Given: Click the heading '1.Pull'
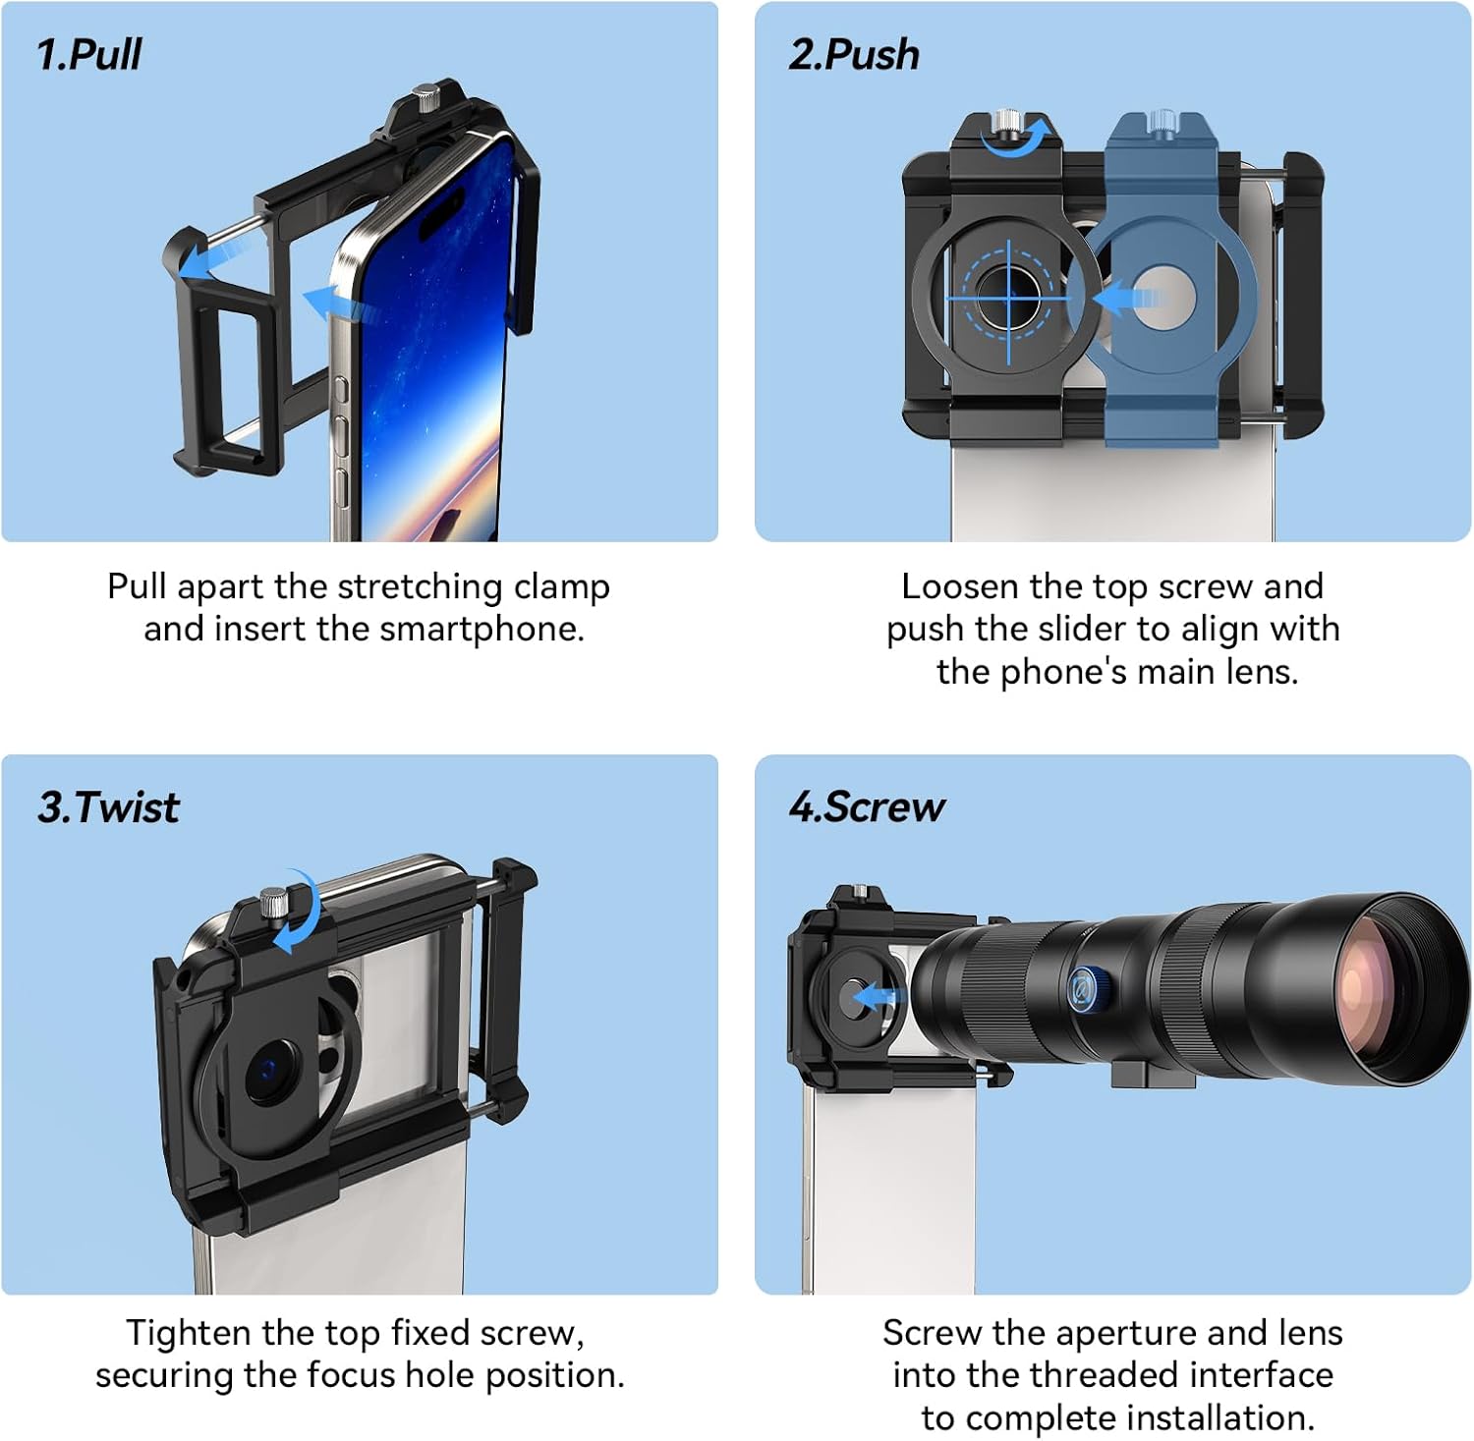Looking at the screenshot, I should coord(88,55).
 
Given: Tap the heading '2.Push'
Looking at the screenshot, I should coord(853,55).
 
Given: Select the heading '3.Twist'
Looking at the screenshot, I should coord(108,807).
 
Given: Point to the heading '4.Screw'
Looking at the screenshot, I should coord(866,807).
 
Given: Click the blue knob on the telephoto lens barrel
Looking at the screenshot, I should coord(1086,988).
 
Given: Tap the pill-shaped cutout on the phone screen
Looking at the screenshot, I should coord(442,210).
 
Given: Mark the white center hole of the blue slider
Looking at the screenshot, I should coord(1162,296).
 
